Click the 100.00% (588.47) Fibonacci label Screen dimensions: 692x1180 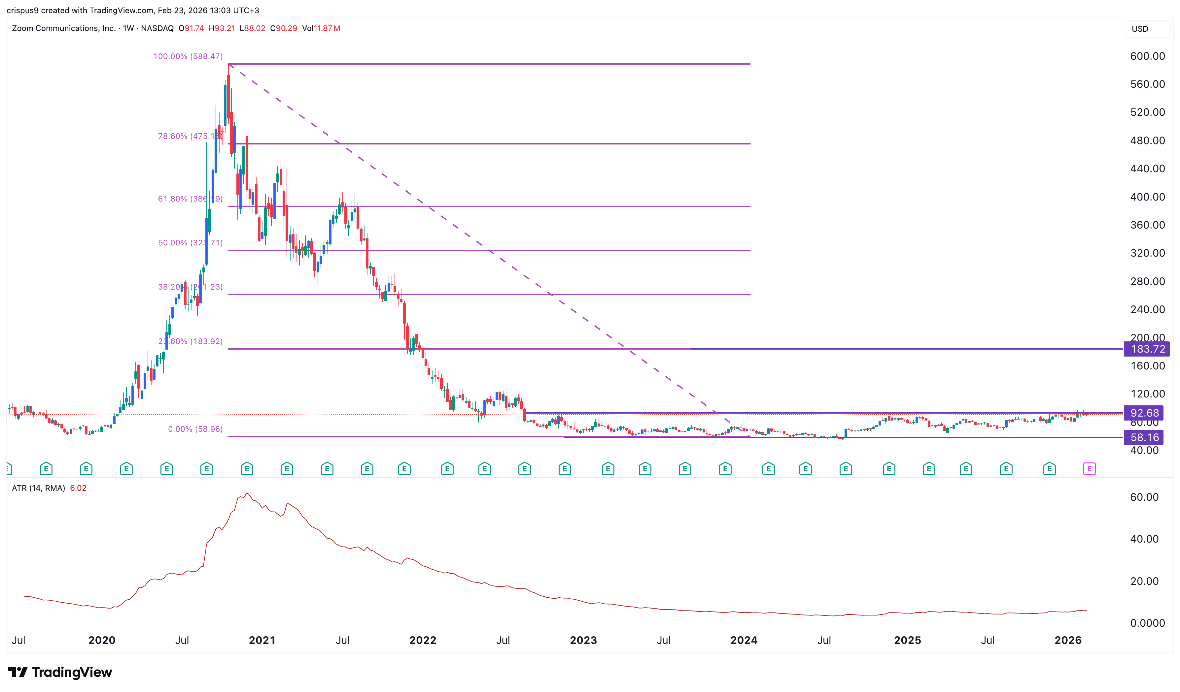188,57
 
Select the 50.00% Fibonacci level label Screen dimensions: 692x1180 190,243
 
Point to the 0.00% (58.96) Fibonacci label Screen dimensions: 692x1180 195,429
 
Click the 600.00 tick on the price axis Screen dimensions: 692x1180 1147,56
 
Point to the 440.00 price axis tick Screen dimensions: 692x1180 1147,169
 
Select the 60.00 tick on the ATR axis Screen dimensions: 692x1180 1144,497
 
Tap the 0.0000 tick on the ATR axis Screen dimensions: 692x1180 1147,623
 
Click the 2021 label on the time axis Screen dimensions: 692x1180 262,641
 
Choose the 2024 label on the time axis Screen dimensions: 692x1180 744,641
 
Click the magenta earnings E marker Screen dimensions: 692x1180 1089,468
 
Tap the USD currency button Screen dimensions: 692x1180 1140,29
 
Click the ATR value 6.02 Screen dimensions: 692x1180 78,488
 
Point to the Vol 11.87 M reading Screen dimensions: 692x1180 321,29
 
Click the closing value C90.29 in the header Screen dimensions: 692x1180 283,29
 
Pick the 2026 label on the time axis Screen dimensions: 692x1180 1068,641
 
